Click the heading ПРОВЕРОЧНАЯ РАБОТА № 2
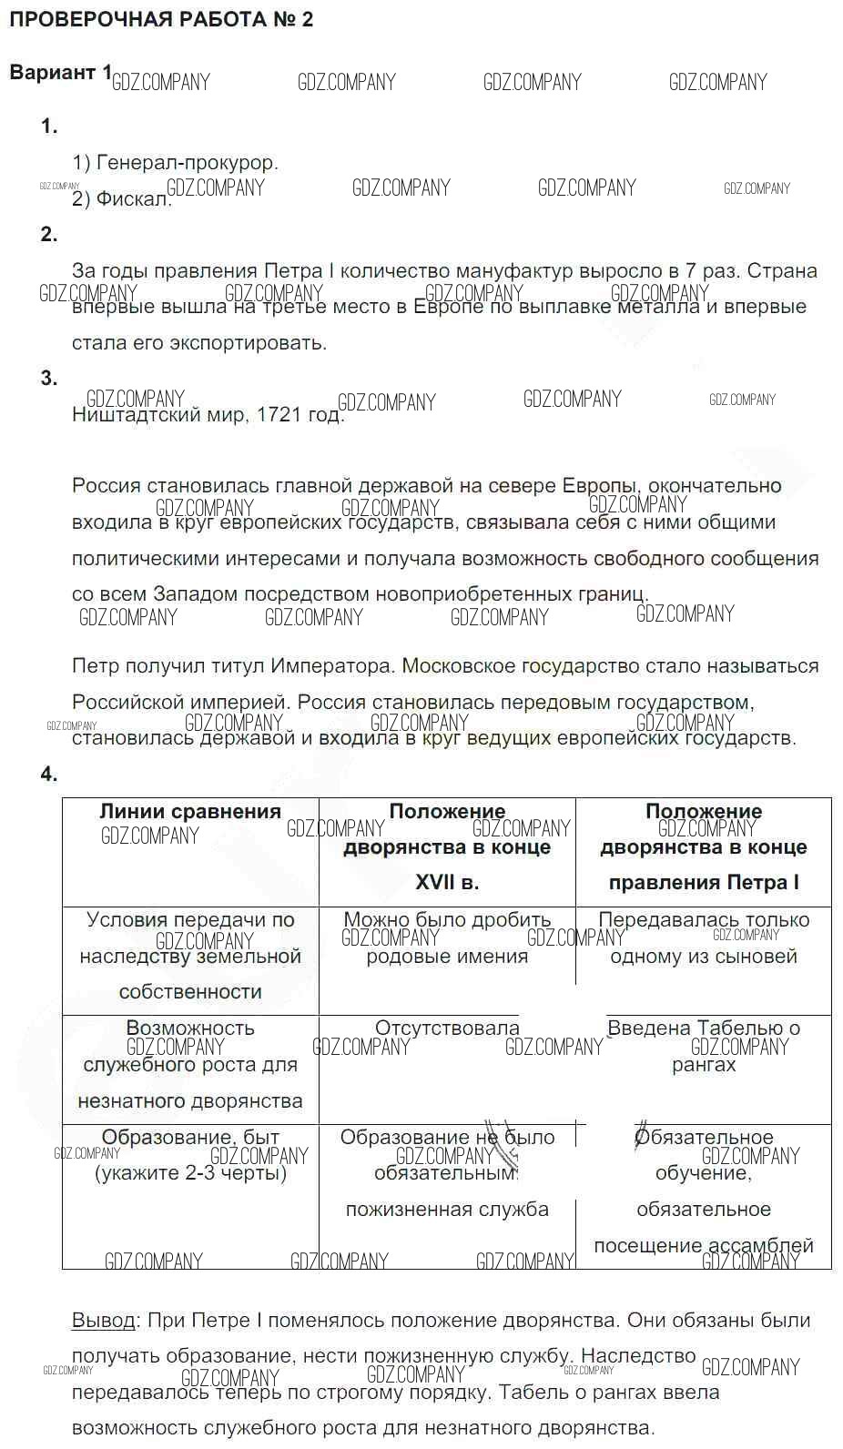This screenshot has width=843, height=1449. (x=161, y=20)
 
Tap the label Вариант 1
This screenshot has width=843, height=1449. (x=60, y=73)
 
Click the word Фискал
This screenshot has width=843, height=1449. (x=134, y=198)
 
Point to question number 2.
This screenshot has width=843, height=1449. (x=49, y=235)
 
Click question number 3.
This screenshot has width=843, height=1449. (x=49, y=379)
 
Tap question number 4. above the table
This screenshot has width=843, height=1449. (x=49, y=775)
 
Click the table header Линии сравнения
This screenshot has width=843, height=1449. (x=190, y=812)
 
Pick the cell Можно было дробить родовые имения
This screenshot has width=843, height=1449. (x=447, y=938)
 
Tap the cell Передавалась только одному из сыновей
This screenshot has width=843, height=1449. (x=704, y=938)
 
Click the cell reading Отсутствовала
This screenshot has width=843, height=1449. (x=447, y=1028)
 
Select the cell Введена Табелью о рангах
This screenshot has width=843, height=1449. (x=704, y=1047)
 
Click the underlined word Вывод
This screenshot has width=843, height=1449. (x=104, y=1321)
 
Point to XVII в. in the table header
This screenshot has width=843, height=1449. (x=447, y=883)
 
